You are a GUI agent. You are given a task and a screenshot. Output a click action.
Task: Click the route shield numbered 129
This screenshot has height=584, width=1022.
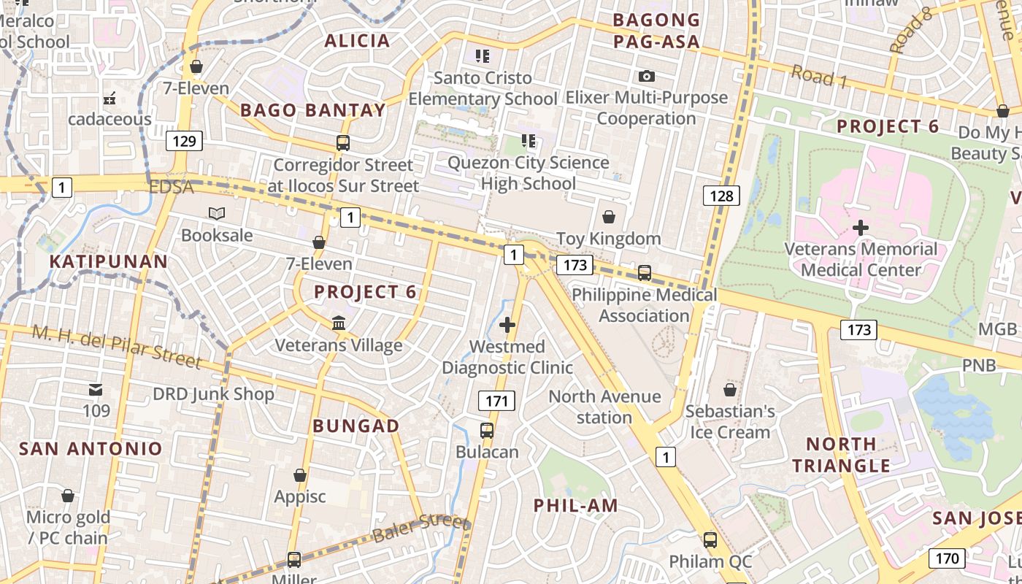184,140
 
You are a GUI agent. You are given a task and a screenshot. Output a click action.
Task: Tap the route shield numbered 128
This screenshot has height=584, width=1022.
721,195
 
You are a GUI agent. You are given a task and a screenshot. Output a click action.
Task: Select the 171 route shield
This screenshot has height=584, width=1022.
496,400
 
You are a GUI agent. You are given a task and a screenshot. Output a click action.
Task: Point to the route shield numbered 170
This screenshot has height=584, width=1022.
947,559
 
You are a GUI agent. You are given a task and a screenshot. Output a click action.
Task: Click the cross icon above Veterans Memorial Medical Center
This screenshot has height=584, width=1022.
861,228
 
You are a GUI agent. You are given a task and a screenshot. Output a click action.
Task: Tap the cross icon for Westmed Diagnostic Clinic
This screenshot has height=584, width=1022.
507,325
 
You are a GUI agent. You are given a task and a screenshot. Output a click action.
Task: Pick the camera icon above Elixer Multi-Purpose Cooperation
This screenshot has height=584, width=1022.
646,76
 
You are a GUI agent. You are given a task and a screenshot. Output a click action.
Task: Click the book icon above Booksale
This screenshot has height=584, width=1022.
217,214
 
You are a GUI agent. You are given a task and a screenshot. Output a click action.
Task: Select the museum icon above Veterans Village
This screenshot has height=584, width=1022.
339,323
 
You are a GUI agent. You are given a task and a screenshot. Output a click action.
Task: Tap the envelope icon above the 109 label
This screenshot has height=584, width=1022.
96,390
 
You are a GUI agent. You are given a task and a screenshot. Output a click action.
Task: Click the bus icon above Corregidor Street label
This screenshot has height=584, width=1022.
342,143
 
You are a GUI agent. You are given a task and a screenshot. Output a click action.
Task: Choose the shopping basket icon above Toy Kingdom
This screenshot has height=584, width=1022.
608,217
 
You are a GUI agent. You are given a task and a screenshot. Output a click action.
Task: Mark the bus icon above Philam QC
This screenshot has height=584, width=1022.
710,540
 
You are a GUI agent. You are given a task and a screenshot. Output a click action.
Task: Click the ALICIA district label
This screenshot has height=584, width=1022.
357,41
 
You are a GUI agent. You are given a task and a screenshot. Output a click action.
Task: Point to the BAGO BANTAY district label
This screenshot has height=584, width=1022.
312,110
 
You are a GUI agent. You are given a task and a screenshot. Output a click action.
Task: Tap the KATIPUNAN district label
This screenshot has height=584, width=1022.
109,261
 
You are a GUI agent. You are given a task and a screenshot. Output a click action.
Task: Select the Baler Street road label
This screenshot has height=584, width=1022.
421,529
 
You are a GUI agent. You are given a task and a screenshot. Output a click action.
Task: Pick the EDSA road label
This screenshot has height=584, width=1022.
171,188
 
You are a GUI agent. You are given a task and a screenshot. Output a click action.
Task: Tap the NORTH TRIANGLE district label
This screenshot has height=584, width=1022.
842,454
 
